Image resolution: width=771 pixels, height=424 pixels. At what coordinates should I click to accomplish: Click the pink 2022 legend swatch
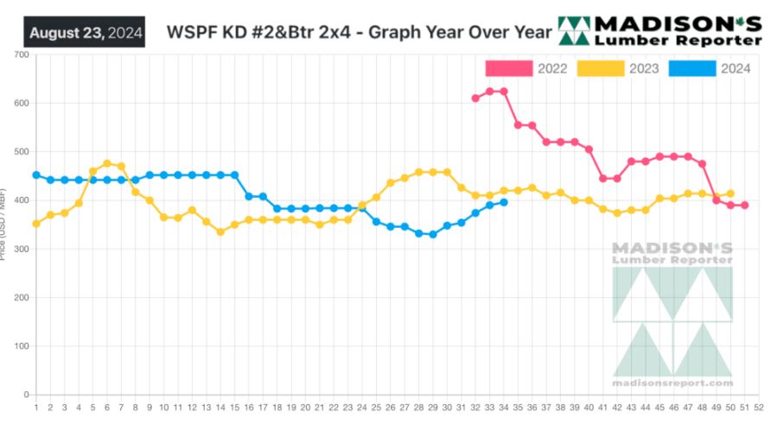click(x=507, y=68)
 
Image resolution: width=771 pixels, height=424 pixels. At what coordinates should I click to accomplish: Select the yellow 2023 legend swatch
click(x=599, y=68)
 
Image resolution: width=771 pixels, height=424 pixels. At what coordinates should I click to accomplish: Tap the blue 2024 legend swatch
click(x=691, y=68)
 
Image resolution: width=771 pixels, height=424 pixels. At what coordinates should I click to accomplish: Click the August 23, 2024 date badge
click(x=85, y=33)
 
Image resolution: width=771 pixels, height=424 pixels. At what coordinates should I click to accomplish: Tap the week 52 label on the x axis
click(x=758, y=406)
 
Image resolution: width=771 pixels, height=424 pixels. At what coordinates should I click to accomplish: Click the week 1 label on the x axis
click(x=36, y=406)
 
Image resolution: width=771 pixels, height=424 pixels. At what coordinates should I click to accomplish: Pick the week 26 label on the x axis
click(x=390, y=406)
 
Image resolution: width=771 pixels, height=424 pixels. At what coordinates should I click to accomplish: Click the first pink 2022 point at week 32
click(x=475, y=98)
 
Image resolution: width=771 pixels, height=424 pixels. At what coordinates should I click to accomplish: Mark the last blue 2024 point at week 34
click(x=504, y=202)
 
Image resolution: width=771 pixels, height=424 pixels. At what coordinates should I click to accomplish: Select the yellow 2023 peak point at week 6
click(x=107, y=163)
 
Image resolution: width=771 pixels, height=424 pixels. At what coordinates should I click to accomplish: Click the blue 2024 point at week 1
click(x=36, y=175)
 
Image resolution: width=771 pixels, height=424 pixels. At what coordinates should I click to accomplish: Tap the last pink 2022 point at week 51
click(x=744, y=206)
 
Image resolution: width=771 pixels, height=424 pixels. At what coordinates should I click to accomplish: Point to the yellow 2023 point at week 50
click(x=730, y=194)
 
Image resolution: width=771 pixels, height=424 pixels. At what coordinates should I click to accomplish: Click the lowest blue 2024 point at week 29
click(x=433, y=234)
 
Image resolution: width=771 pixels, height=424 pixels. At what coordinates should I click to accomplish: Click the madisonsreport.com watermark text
click(x=672, y=383)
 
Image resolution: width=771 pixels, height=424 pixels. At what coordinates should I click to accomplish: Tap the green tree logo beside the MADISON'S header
click(x=575, y=30)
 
